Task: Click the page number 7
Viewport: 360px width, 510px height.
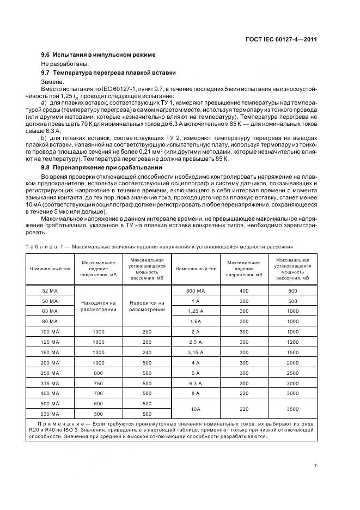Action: pyautogui.click(x=315, y=466)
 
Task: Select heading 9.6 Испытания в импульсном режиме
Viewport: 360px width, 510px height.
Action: pyautogui.click(x=99, y=54)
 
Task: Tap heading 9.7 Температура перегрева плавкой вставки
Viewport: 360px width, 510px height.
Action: pyautogui.click(x=109, y=72)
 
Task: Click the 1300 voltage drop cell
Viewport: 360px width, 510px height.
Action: pyautogui.click(x=99, y=332)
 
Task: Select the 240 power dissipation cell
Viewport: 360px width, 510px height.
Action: pyautogui.click(x=147, y=352)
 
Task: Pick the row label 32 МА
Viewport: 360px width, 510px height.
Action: pyautogui.click(x=50, y=291)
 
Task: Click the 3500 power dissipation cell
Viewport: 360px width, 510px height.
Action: pyautogui.click(x=292, y=408)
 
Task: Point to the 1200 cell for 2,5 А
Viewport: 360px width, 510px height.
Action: pyautogui.click(x=292, y=342)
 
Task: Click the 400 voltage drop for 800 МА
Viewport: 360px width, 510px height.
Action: pyautogui.click(x=245, y=291)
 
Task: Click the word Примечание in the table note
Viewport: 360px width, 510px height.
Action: pyautogui.click(x=60, y=423)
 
